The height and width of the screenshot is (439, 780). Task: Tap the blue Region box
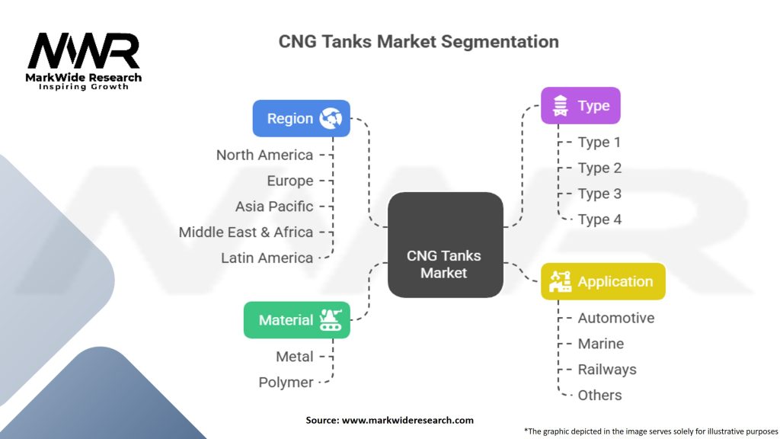[x=301, y=118]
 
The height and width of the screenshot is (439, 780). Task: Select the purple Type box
[x=580, y=106]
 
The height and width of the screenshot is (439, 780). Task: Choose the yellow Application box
[x=603, y=281]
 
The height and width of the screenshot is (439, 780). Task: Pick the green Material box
[x=296, y=320]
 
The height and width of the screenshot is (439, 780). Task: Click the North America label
[x=264, y=155]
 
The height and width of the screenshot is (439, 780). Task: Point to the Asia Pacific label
[x=274, y=207]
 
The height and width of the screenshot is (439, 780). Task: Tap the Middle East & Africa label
[x=246, y=232]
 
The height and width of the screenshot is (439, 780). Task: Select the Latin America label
[x=267, y=258]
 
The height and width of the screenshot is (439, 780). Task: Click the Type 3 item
[x=599, y=194]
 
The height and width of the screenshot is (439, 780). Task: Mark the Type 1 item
[x=599, y=143]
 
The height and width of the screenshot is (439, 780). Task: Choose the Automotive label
[x=616, y=318]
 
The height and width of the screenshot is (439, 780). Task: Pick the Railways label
[x=607, y=370]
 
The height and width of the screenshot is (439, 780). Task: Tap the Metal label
[x=294, y=357]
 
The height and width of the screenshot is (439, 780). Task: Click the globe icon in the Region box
[x=331, y=118]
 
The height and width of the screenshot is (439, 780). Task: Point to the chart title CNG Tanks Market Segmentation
[x=418, y=41]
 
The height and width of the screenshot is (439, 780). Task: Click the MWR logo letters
[x=84, y=51]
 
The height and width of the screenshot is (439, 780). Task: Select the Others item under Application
[x=599, y=395]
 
